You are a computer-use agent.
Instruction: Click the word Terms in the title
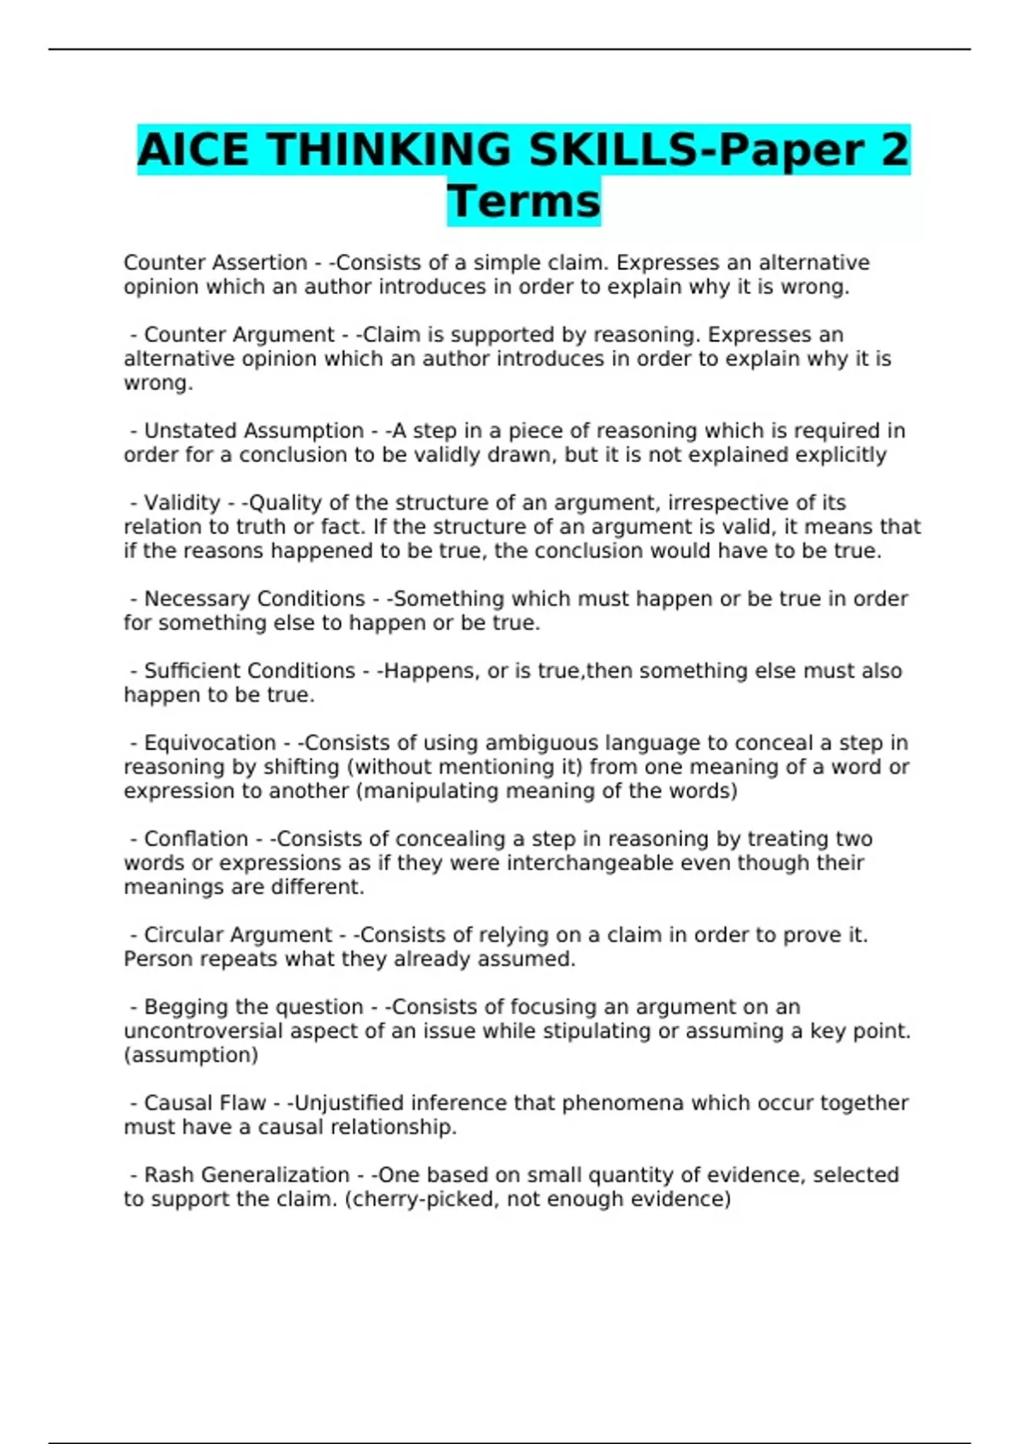[524, 201]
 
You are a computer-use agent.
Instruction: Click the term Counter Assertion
[215, 262]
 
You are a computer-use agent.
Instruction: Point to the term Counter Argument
[239, 335]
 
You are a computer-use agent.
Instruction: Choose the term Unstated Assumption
[253, 431]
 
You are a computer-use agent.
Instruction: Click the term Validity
[182, 503]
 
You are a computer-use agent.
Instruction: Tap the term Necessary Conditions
[254, 599]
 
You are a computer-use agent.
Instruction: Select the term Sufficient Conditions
[249, 671]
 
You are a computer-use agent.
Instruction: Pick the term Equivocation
[210, 743]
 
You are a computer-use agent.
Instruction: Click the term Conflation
[196, 839]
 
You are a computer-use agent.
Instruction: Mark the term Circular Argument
[238, 935]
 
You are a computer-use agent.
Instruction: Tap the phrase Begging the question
[253, 1007]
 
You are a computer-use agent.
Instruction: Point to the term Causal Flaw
[205, 1103]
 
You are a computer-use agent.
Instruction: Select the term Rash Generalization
[246, 1176]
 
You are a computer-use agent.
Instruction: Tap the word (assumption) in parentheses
[191, 1055]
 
